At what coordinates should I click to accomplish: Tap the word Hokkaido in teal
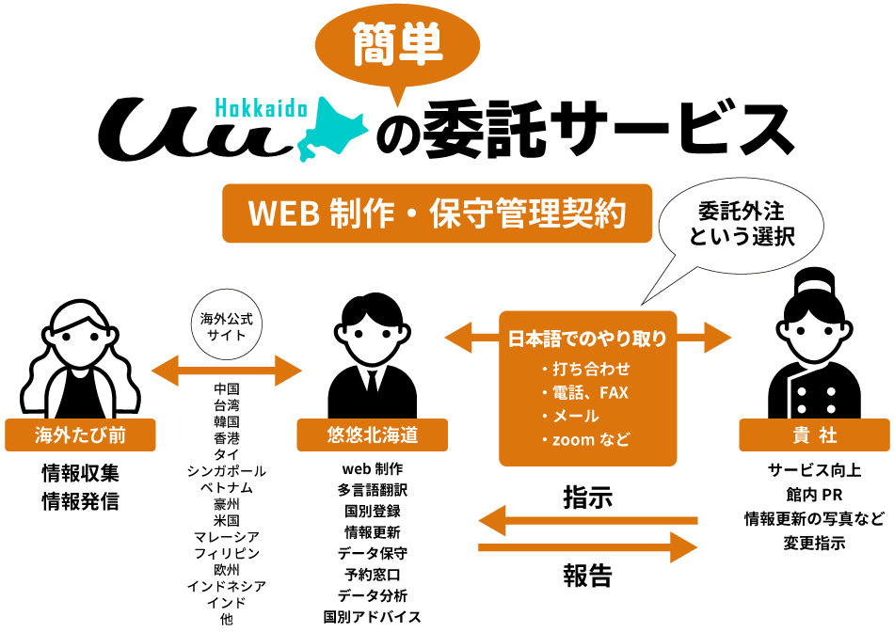(261, 109)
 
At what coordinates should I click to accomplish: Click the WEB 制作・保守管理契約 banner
(437, 213)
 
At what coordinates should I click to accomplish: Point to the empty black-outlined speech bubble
(741, 225)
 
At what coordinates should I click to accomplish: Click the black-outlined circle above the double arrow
(226, 324)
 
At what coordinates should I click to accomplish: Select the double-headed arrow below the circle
(226, 371)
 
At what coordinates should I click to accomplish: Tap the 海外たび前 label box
(80, 435)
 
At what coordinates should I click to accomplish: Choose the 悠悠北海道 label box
(372, 435)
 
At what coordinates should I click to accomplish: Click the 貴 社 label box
(814, 435)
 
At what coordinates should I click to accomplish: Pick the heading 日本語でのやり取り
(587, 339)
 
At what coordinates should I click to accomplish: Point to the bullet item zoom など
(591, 439)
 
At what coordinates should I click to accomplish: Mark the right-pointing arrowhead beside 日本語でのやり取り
(717, 338)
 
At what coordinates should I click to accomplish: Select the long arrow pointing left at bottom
(587, 520)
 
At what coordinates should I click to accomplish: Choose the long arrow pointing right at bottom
(587, 546)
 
